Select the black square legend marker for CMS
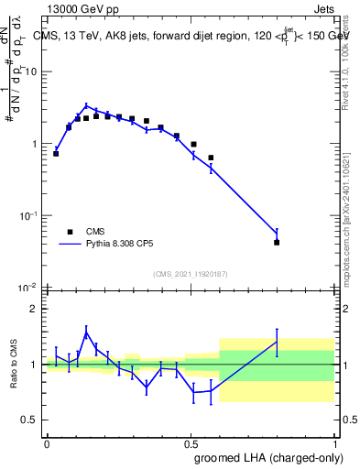pos(67,232)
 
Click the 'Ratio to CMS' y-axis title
pos(14,365)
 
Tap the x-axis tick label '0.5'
pos(191,442)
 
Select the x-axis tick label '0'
pos(47,442)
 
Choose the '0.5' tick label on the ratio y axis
pos(30,420)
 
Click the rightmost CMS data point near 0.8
pos(277,243)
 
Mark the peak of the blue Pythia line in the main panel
pos(86,105)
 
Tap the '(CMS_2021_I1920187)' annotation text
pos(191,273)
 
